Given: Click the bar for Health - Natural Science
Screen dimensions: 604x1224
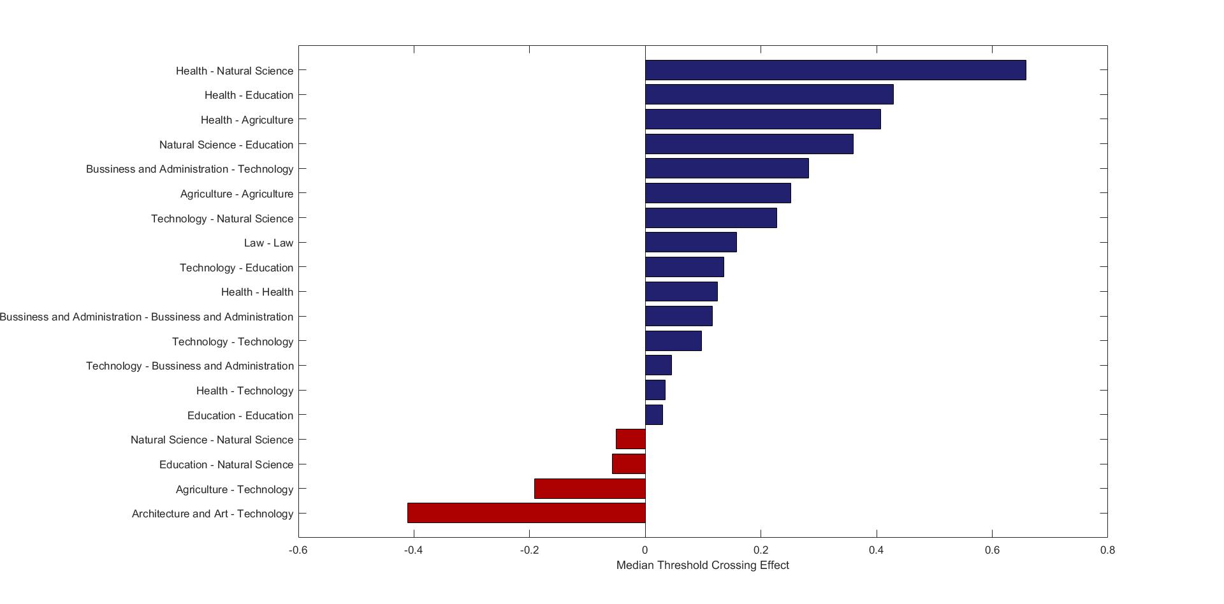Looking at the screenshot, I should pos(835,70).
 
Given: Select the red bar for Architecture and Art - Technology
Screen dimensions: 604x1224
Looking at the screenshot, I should pos(526,513).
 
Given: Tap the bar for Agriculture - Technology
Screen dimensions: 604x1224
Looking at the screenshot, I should pos(590,489).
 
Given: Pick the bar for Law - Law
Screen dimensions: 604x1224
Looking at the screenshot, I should pos(690,242).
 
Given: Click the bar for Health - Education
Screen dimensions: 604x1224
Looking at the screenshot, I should pos(769,94).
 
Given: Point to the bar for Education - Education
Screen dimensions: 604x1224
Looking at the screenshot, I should pos(654,415).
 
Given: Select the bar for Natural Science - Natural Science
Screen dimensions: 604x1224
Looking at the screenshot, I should pos(630,439).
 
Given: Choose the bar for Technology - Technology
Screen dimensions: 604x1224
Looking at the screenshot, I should pos(673,341).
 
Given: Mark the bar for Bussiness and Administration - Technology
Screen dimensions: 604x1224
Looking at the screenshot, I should pos(727,168).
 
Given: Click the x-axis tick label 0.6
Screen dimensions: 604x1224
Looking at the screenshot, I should pos(992,550).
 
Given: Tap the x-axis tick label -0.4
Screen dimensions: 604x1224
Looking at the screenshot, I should pos(414,550).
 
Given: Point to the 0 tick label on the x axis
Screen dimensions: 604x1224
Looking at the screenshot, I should pos(645,550).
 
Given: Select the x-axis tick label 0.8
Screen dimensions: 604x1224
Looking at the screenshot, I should pos(1107,550).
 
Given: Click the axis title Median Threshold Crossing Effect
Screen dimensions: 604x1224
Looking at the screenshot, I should pos(703,565).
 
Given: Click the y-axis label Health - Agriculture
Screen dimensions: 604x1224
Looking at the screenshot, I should pos(247,120).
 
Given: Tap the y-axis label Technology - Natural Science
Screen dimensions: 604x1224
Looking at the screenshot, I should pos(222,219).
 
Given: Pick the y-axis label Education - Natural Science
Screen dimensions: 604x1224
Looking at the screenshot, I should pos(226,464).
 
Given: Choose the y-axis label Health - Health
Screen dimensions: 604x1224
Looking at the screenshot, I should pos(257,292).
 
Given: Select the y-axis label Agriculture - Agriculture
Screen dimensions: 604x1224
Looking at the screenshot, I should pos(237,194).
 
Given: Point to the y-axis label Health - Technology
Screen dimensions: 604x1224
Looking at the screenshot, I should pos(245,391).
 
